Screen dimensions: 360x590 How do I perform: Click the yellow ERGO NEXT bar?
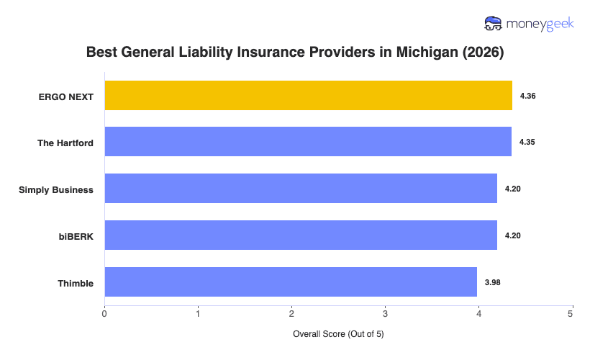tap(308, 96)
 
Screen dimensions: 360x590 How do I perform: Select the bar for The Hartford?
tap(308, 142)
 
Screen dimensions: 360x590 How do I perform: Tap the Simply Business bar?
tap(301, 189)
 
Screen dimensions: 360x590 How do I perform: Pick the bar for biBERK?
tap(301, 235)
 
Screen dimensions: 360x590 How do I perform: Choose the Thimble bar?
tap(291, 282)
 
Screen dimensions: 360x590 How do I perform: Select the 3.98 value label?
tap(493, 282)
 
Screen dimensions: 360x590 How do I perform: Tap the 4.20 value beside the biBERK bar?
tap(513, 235)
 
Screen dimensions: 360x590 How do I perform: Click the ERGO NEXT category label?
tap(66, 96)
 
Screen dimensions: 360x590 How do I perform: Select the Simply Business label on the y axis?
tap(56, 189)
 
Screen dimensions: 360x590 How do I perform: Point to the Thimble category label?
tap(76, 283)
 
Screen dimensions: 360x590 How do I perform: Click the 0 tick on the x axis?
tap(105, 314)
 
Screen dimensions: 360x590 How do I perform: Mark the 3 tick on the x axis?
tap(385, 314)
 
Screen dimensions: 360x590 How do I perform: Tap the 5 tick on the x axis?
tap(571, 314)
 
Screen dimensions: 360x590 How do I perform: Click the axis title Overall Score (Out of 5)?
tap(338, 335)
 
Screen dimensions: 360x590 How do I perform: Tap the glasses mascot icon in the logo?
tap(494, 24)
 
